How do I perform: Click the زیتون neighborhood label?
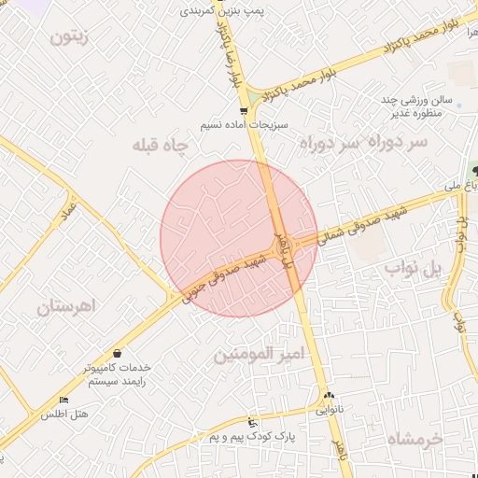point(70,38)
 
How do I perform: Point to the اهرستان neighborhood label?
point(68,306)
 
